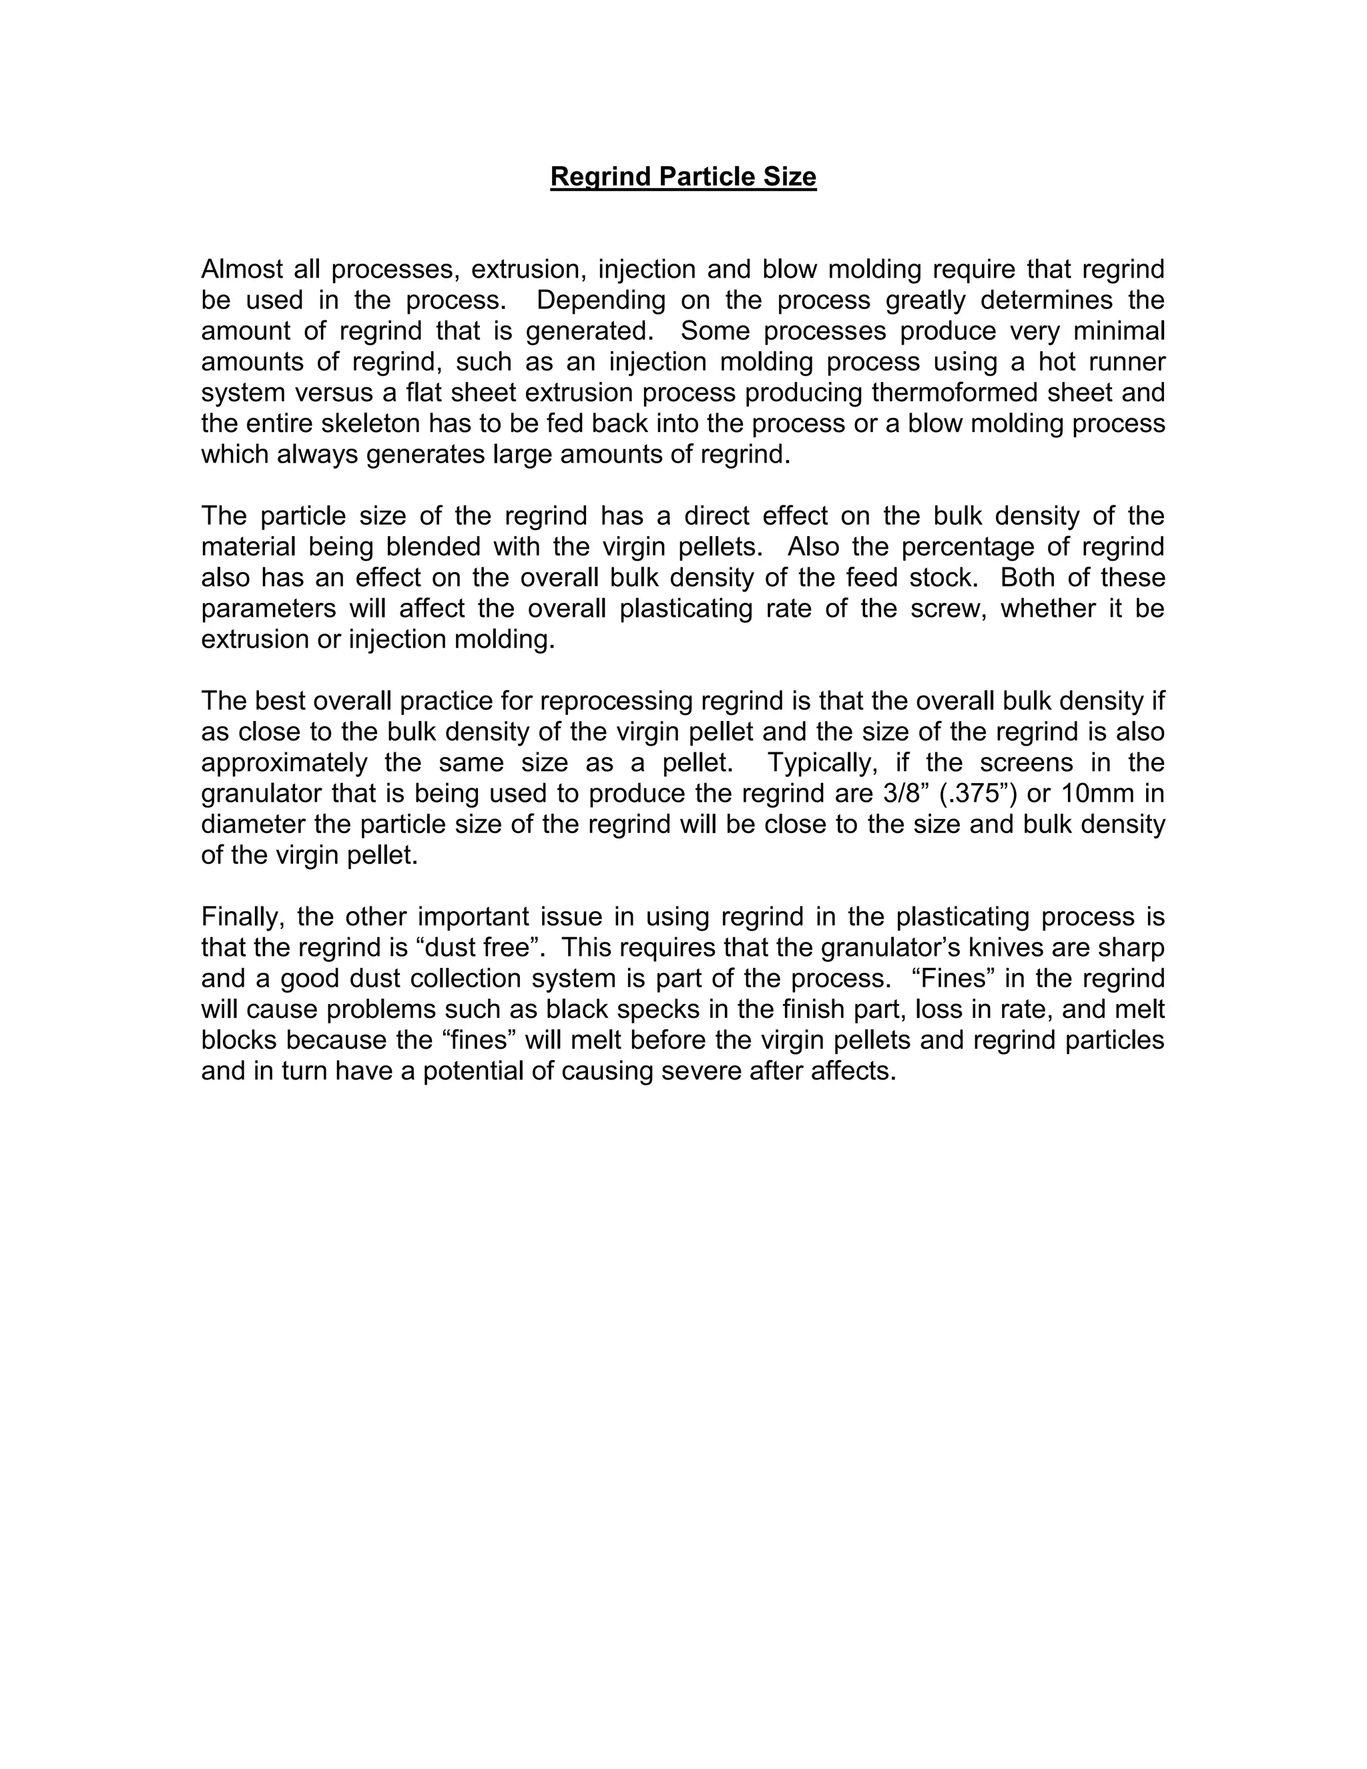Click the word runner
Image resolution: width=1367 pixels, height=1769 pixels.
(1123, 361)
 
